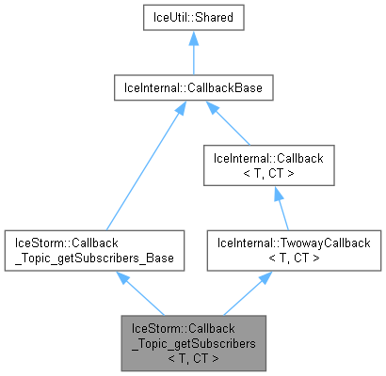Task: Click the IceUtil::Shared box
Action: [193, 18]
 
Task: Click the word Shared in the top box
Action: [213, 18]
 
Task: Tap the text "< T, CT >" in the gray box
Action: [193, 357]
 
